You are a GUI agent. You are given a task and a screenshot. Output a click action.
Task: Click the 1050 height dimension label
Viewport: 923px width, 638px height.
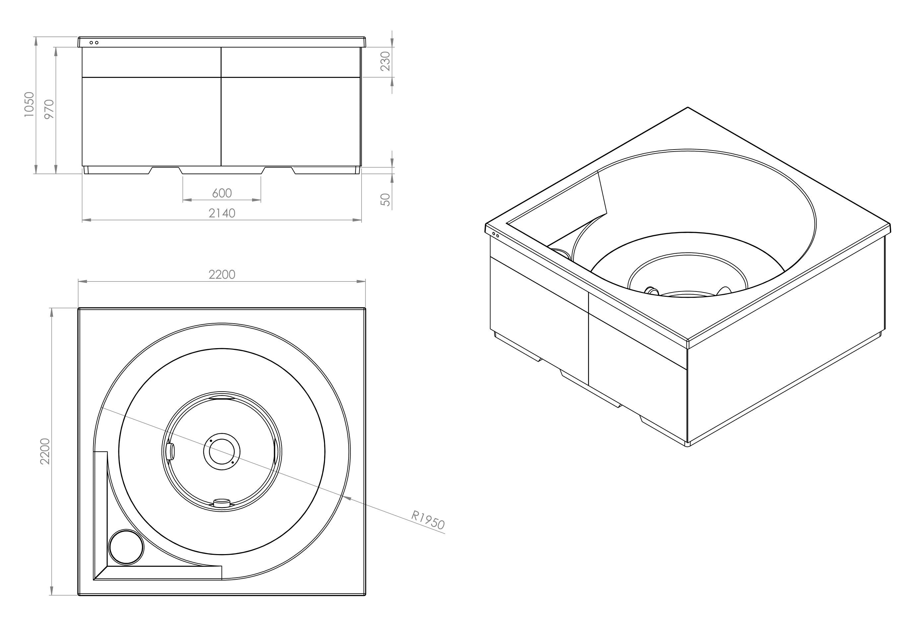[x=29, y=104]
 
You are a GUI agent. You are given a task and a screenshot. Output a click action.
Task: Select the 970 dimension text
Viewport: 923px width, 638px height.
[x=49, y=109]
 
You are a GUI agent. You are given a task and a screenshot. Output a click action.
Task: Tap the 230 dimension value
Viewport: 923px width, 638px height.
[x=385, y=61]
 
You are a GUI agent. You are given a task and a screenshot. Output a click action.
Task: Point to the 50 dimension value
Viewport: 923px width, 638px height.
[x=385, y=200]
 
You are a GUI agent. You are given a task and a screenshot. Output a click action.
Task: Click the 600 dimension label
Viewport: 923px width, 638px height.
[x=222, y=193]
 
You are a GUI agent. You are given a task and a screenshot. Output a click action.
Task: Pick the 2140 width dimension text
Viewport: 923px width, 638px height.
[x=222, y=213]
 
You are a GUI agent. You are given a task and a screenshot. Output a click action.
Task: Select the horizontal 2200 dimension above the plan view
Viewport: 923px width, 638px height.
[x=222, y=275]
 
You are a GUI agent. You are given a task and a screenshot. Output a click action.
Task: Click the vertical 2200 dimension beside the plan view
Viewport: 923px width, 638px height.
[x=45, y=451]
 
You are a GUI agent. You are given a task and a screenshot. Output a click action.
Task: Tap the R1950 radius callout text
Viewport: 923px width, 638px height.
[x=428, y=520]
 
